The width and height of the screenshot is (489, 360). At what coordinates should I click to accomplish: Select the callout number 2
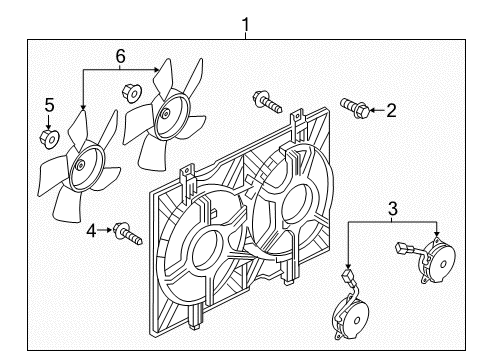(392, 111)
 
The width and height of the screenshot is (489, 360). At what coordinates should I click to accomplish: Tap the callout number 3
(391, 209)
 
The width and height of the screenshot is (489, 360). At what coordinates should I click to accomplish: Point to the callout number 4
(92, 231)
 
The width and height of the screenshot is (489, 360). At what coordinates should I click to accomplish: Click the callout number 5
(47, 103)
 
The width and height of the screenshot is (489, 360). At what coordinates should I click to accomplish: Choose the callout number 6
(120, 58)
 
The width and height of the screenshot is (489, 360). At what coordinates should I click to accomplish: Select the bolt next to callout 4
(126, 233)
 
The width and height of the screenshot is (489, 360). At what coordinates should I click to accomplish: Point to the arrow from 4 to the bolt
(107, 232)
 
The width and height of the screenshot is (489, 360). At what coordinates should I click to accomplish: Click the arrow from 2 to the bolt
(377, 110)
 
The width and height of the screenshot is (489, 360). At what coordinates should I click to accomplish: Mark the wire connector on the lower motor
(346, 274)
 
